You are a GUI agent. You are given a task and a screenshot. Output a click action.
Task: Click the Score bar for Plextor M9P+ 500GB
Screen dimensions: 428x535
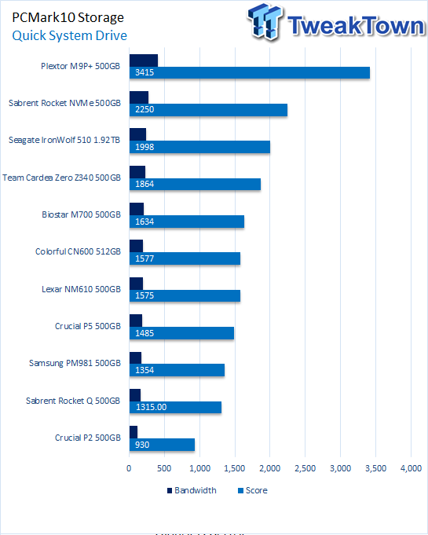click(249, 73)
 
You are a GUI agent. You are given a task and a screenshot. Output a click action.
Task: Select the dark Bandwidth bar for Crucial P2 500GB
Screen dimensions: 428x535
click(134, 432)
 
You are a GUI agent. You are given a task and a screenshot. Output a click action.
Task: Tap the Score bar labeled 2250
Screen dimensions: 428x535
click(208, 110)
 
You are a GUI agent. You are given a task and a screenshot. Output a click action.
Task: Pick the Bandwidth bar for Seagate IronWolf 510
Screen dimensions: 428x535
click(137, 134)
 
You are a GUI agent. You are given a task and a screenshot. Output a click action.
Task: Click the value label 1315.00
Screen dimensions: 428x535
click(151, 407)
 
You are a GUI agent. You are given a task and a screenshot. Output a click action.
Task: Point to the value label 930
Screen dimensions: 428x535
click(142, 445)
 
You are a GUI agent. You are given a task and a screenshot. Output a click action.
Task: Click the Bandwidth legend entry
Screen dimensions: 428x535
click(192, 490)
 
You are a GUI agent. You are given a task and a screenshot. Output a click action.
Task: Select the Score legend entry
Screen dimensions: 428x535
click(253, 490)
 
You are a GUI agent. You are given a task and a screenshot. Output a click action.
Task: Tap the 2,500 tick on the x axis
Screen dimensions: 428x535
click(305, 468)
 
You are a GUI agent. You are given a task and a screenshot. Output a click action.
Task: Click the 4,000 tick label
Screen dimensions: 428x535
click(411, 468)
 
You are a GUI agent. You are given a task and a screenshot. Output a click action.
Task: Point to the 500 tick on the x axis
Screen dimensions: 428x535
click(164, 468)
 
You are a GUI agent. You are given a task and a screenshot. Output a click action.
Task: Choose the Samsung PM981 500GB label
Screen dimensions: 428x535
click(75, 363)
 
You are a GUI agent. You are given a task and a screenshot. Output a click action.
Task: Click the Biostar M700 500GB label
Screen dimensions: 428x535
click(81, 214)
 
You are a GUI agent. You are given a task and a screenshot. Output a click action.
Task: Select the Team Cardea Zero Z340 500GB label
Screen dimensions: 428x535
click(61, 178)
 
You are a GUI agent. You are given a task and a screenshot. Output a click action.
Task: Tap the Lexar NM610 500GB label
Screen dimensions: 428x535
click(81, 289)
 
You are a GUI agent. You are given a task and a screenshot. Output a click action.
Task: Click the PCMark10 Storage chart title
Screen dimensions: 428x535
click(68, 17)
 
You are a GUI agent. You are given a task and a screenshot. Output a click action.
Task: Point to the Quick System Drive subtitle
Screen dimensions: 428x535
click(70, 35)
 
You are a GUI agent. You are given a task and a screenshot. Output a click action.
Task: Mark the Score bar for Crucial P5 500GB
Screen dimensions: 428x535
click(181, 333)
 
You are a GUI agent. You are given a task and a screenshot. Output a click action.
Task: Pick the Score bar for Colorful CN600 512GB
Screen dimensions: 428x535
click(185, 258)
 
